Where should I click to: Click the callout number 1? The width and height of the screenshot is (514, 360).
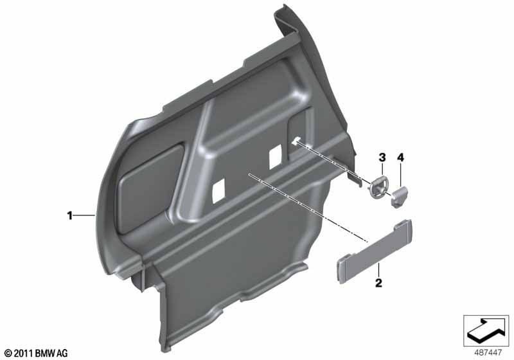(x=69, y=216)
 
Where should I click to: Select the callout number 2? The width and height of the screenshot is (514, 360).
(x=378, y=283)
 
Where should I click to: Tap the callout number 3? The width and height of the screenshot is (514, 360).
(x=382, y=157)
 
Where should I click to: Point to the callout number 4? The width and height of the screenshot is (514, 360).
(x=400, y=157)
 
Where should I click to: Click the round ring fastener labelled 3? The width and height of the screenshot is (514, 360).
(x=378, y=188)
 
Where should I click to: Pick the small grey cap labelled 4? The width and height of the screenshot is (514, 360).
(x=400, y=197)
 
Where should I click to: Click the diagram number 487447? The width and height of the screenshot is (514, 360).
(x=488, y=353)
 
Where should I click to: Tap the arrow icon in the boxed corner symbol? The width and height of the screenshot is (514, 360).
(x=486, y=330)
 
